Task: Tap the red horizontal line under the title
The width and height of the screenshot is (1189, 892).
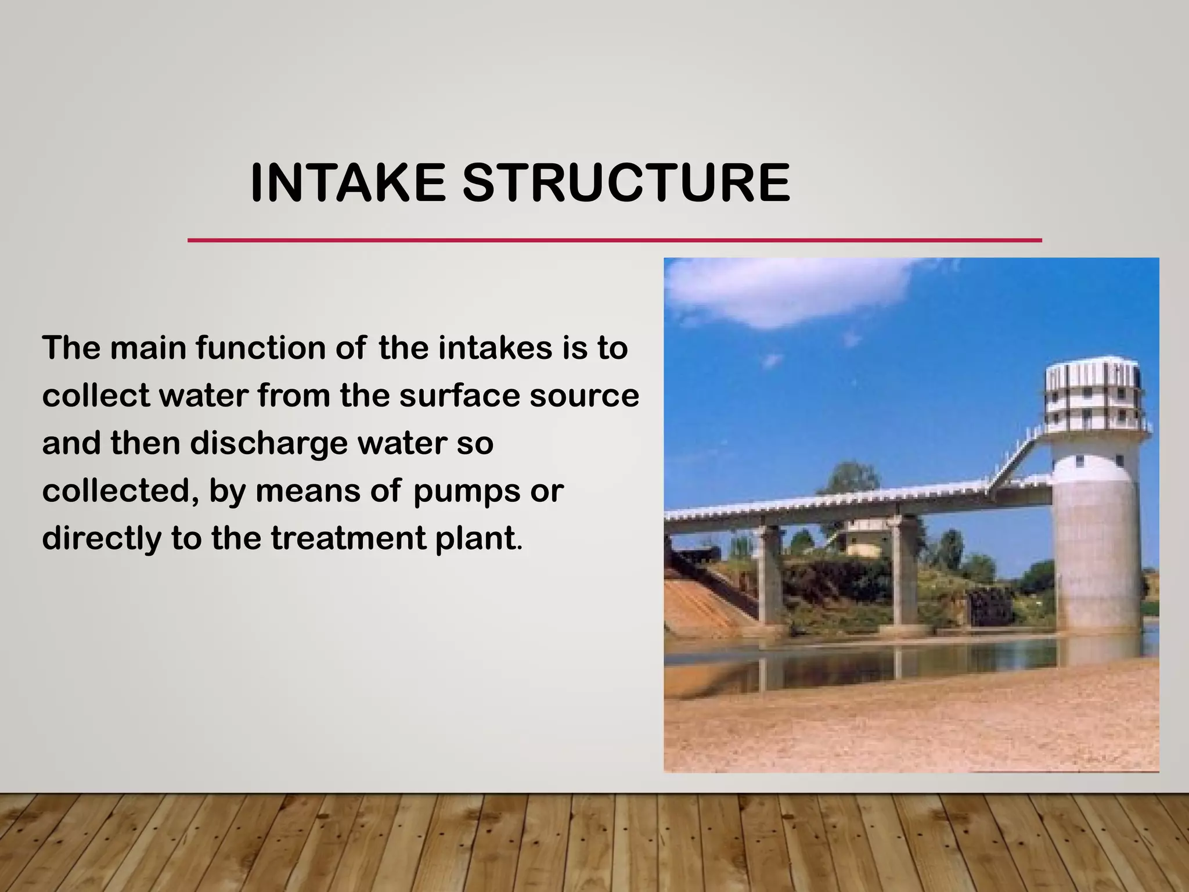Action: pyautogui.click(x=614, y=240)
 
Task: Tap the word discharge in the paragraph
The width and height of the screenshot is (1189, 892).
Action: pyautogui.click(x=268, y=444)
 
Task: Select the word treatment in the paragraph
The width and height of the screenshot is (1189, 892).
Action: pyautogui.click(x=348, y=538)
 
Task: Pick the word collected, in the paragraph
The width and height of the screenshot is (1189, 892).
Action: pyautogui.click(x=116, y=491)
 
